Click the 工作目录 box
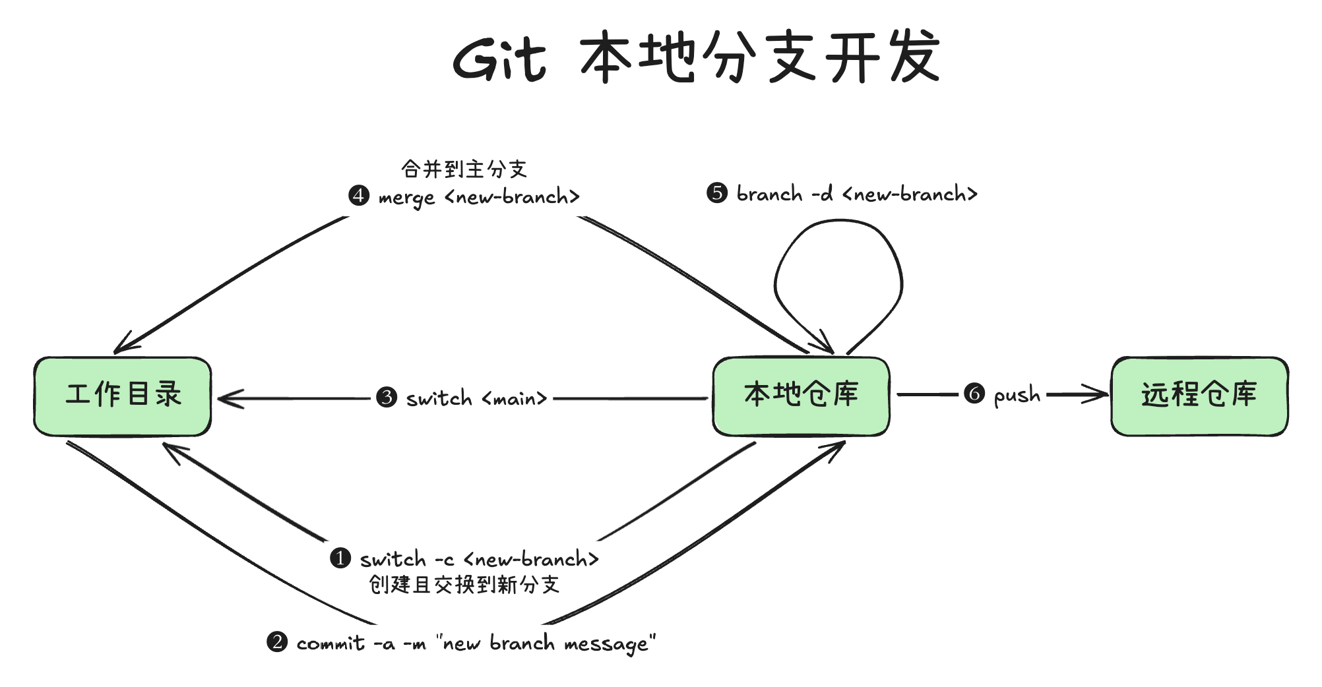[x=123, y=396]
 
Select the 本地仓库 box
[x=801, y=396]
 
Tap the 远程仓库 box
[x=1199, y=396]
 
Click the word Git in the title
[x=499, y=59]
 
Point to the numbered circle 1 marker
[x=340, y=558]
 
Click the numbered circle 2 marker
[x=277, y=642]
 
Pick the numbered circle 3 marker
[x=387, y=397]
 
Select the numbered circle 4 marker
[x=359, y=195]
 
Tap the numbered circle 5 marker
[x=717, y=193]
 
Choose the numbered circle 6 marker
[x=974, y=394]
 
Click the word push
[x=1017, y=396]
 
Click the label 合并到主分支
[x=464, y=169]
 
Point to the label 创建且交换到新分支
[x=464, y=585]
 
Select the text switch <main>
[x=476, y=398]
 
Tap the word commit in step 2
[x=330, y=643]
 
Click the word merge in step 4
[x=406, y=198]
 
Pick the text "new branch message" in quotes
[x=546, y=643]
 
